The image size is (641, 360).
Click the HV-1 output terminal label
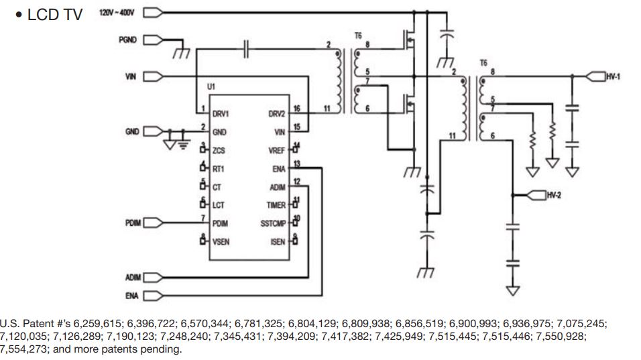click(613, 77)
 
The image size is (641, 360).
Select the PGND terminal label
click(127, 40)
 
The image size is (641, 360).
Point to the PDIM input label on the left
click(132, 223)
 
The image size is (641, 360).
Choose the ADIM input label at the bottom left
click(132, 277)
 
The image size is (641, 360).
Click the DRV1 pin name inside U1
click(222, 114)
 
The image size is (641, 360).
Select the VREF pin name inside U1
click(277, 151)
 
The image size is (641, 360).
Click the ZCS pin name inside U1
click(219, 151)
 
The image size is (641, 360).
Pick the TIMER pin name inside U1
click(276, 205)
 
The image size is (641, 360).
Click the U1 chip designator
click(211, 88)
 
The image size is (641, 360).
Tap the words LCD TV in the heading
click(54, 15)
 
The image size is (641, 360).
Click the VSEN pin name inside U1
click(221, 241)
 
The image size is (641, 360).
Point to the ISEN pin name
click(278, 241)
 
